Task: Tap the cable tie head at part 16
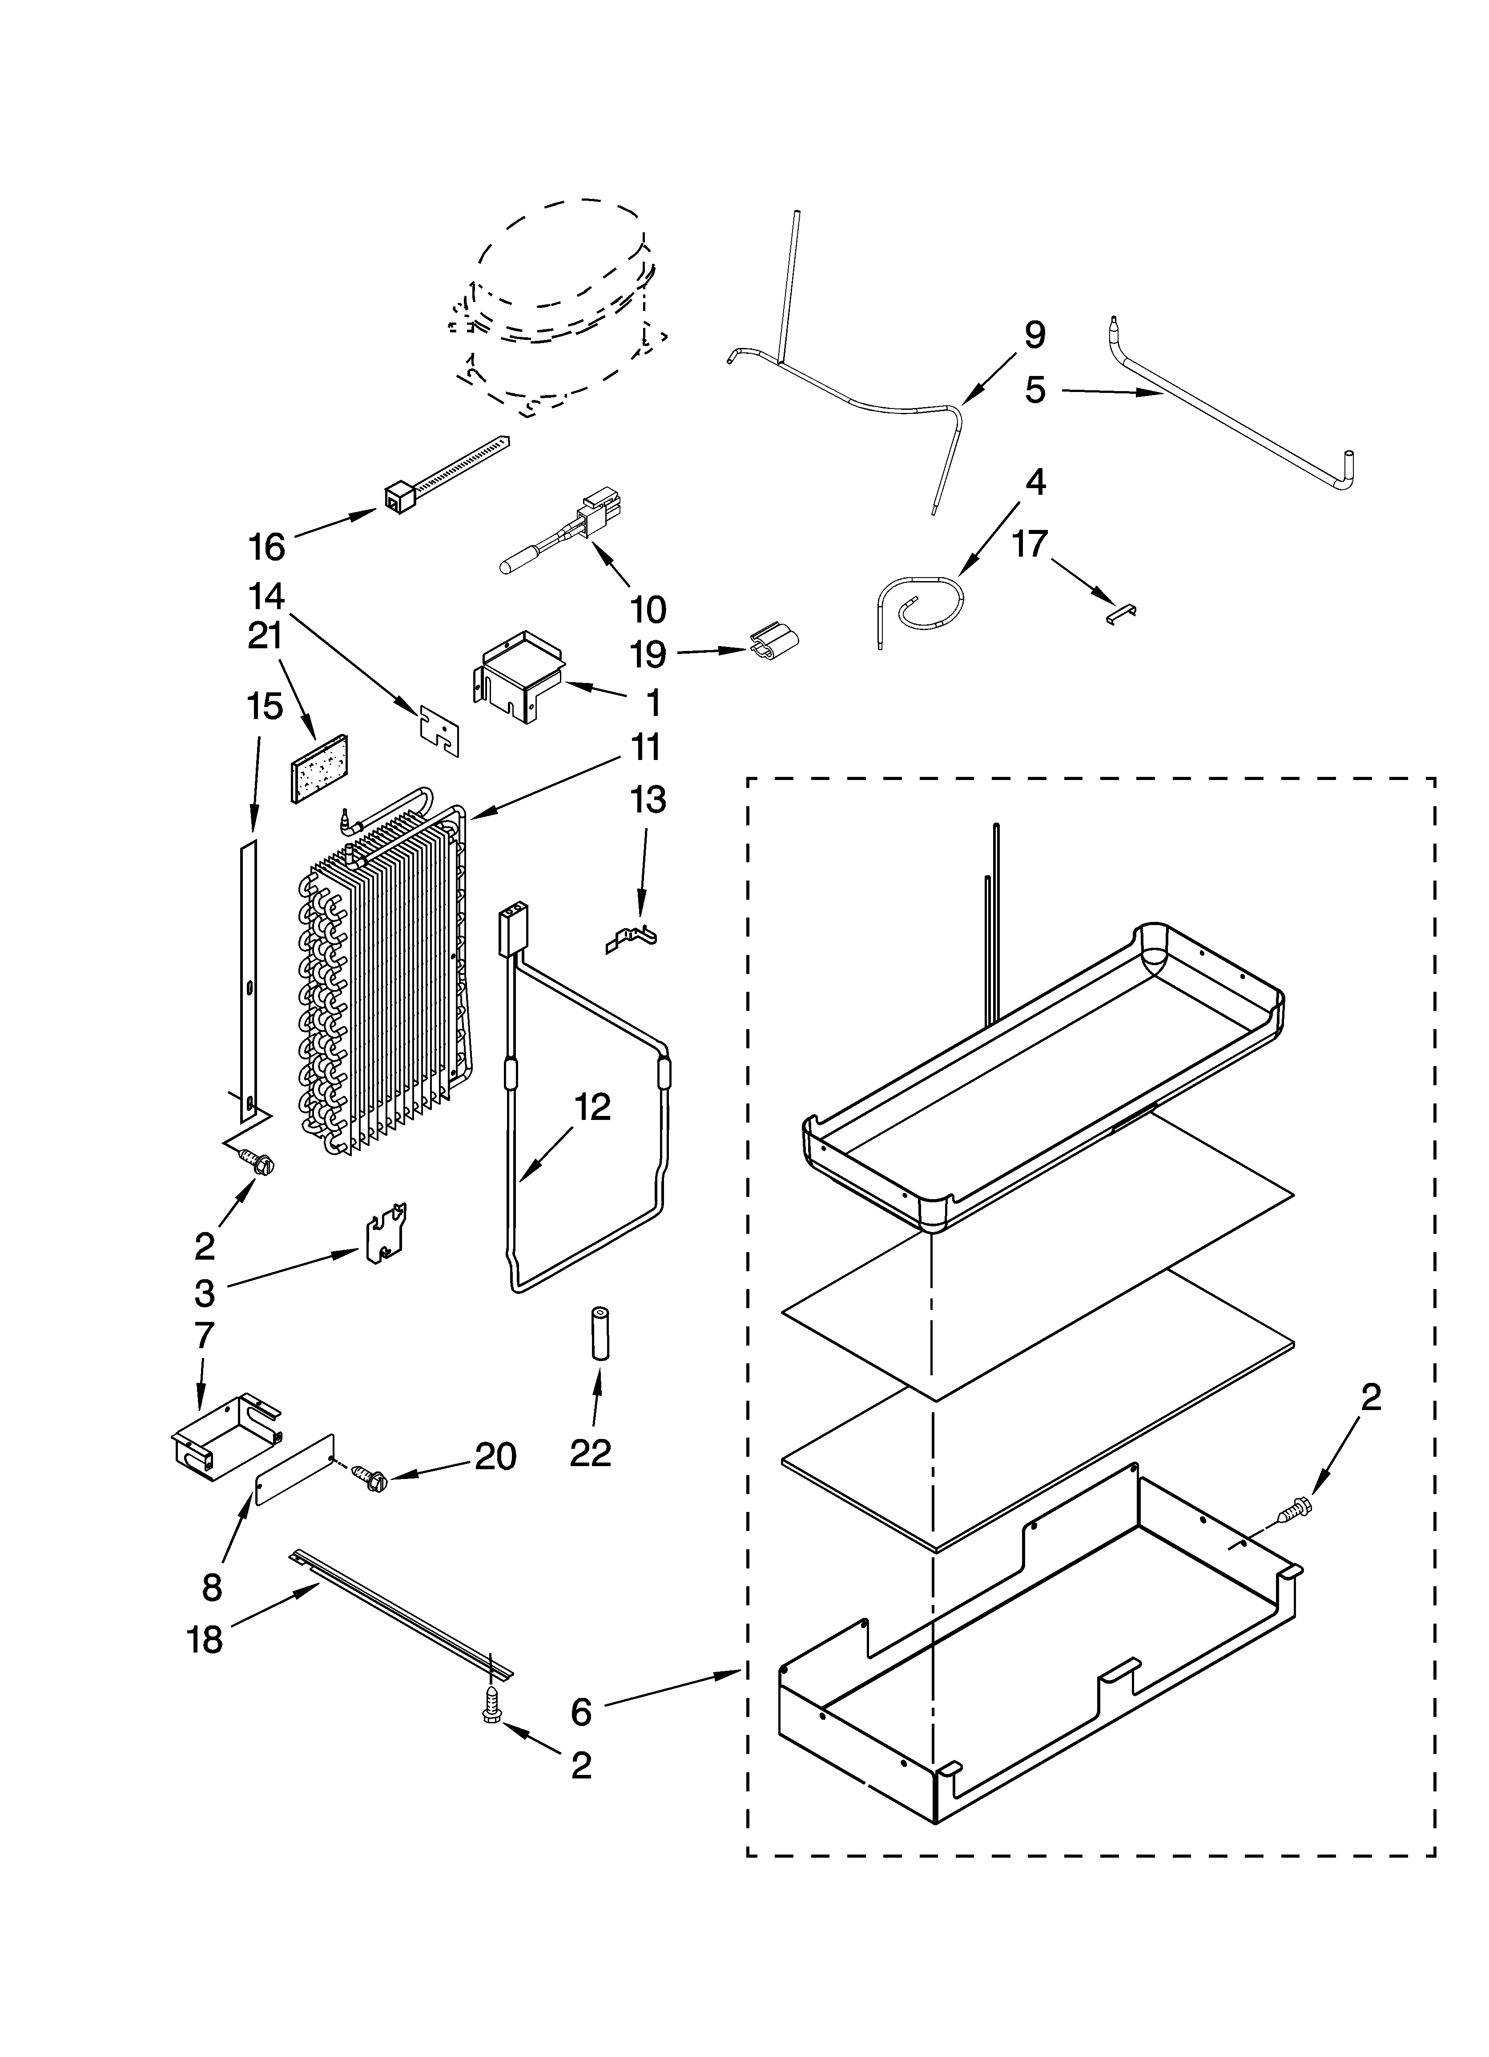point(396,498)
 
